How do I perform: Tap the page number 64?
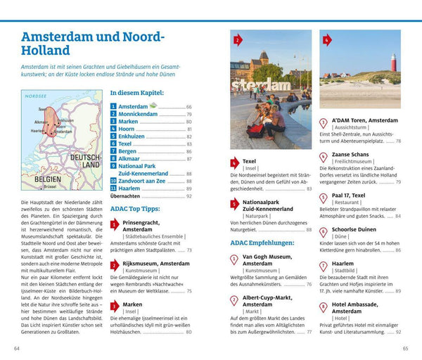pyautogui.click(x=17, y=348)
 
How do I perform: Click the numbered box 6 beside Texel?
pyautogui.click(x=113, y=144)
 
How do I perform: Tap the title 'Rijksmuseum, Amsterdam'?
pyautogui.click(x=155, y=264)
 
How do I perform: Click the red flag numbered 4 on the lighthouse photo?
pyautogui.click(x=326, y=41)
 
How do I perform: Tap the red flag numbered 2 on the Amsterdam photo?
pyautogui.click(x=238, y=41)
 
